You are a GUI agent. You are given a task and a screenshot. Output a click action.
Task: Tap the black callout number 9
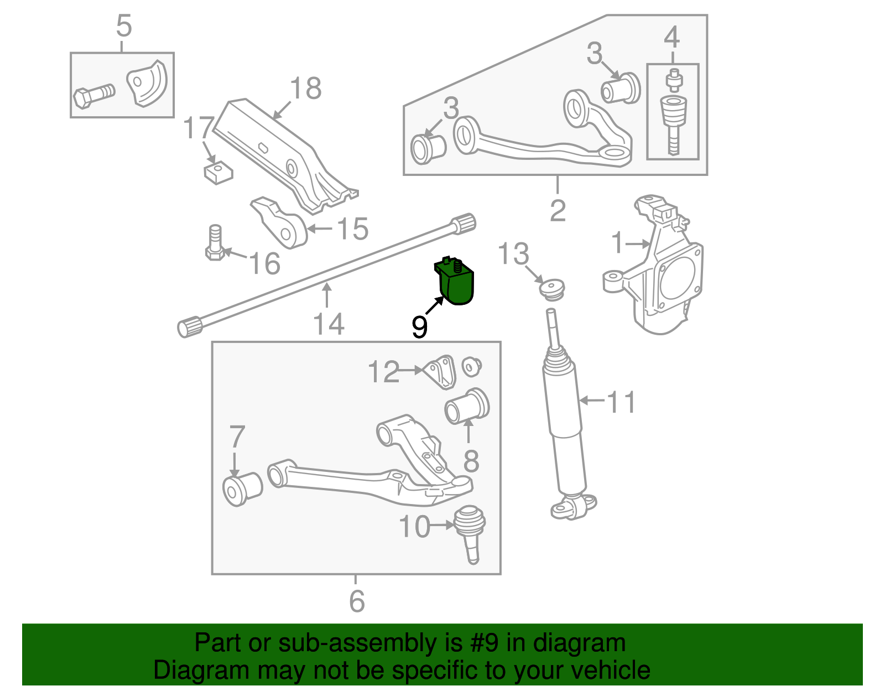pyautogui.click(x=420, y=327)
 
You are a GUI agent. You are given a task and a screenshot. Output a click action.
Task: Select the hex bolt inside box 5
pyautogui.click(x=93, y=96)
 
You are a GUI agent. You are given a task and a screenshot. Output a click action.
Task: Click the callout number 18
pyautogui.click(x=305, y=89)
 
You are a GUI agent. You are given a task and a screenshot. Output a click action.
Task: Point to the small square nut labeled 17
pyautogui.click(x=218, y=173)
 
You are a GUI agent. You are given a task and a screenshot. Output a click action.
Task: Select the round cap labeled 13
pyautogui.click(x=551, y=289)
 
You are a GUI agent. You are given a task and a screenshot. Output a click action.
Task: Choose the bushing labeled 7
pyautogui.click(x=242, y=489)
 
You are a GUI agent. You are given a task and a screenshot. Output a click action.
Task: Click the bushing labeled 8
pyautogui.click(x=467, y=407)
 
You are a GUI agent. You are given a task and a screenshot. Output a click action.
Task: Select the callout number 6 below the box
pyautogui.click(x=357, y=601)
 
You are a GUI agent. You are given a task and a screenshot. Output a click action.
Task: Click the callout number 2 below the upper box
pyautogui.click(x=558, y=210)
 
